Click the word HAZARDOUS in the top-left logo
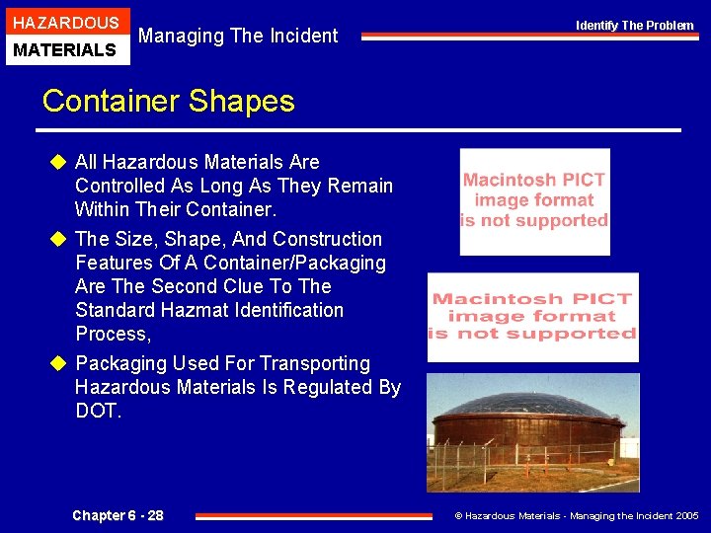click(65, 22)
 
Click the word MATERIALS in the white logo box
click(65, 49)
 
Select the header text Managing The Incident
click(238, 37)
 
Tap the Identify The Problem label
click(635, 25)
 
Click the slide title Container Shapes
click(168, 101)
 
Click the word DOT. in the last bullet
click(98, 411)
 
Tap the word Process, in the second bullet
click(114, 334)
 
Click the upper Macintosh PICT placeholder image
click(534, 201)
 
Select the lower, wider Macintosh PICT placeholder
click(532, 317)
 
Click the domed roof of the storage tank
click(533, 405)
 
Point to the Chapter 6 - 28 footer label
click(118, 515)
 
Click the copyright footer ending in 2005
click(576, 515)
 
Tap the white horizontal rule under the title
click(359, 130)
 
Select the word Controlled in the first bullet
click(119, 186)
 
